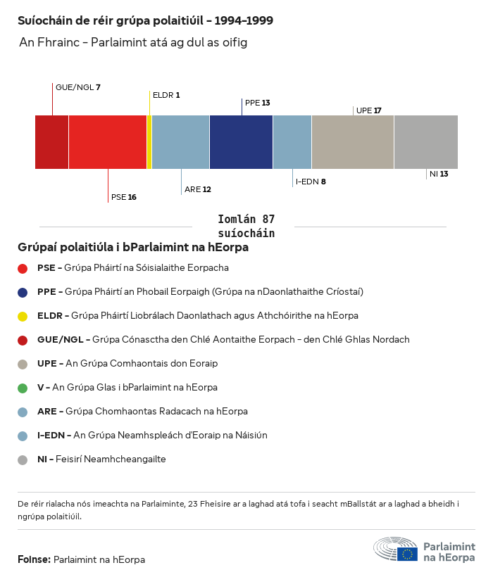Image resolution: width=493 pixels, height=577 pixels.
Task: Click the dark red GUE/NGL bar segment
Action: coord(51,142)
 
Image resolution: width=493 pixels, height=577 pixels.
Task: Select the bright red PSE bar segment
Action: coord(107,142)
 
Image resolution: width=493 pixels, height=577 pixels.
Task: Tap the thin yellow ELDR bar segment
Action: coord(149,142)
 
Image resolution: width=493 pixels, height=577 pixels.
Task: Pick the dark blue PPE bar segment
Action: coord(241,142)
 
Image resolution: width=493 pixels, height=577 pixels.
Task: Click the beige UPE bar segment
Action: coord(352,142)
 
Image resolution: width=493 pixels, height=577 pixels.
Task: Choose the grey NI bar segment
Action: coord(425,142)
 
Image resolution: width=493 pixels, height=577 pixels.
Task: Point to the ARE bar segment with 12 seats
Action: coord(180,142)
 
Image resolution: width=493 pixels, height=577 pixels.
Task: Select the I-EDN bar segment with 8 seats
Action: coord(292,142)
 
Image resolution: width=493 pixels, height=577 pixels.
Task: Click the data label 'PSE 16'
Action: coord(123,197)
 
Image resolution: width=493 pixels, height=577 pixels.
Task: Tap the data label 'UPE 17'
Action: coord(368,110)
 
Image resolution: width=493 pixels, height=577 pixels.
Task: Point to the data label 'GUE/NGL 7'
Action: coord(78,87)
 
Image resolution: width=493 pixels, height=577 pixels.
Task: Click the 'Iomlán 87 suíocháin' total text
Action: coord(246,226)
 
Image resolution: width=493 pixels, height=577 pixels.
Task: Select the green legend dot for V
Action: coord(23,388)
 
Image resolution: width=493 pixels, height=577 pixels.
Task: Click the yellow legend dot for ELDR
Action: coord(23,316)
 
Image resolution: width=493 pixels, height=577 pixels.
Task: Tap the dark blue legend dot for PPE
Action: coord(23,292)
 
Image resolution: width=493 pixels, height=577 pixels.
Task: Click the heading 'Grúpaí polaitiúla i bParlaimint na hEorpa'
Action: coord(133,248)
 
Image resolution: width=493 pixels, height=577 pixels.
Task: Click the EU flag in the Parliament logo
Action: coord(407,553)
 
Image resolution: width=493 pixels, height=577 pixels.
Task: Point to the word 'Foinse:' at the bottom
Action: coord(34,559)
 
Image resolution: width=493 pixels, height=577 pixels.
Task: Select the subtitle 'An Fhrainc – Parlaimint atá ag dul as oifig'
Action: coord(133,43)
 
